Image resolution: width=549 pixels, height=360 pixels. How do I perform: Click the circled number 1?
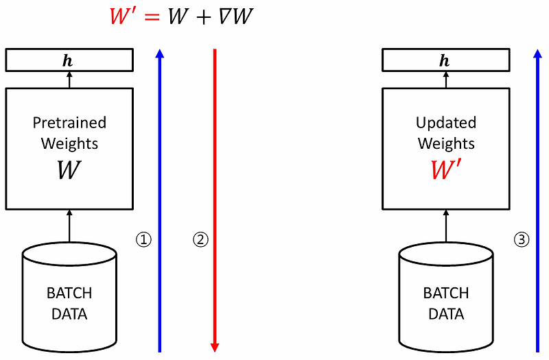(143, 239)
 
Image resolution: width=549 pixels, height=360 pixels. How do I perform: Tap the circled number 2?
(200, 239)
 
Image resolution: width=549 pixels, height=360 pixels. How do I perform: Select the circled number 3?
(522, 239)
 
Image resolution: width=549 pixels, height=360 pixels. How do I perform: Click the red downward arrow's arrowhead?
(215, 347)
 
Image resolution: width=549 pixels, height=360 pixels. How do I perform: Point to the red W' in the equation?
(124, 16)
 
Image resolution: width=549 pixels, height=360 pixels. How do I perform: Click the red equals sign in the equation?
(152, 16)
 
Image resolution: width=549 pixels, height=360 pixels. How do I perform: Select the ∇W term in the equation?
(235, 16)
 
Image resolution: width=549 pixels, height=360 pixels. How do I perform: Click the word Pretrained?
(69, 123)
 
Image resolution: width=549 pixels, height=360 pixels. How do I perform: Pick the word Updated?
(446, 123)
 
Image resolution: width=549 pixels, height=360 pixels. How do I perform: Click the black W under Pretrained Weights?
(69, 170)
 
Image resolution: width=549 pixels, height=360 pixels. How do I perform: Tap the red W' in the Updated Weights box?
(445, 169)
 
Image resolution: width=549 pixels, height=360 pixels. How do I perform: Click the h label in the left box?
(67, 61)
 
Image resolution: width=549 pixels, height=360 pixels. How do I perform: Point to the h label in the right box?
(444, 61)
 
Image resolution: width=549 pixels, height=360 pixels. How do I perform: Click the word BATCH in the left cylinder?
(69, 293)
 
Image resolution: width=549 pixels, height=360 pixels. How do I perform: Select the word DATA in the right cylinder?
(446, 314)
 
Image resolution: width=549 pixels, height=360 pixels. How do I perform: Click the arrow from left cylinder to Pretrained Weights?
(69, 226)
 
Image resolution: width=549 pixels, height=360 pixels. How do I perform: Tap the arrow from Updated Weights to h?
(445, 80)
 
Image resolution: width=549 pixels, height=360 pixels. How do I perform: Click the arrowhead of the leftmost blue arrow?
(160, 53)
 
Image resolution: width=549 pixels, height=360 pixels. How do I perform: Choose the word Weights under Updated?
(446, 144)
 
